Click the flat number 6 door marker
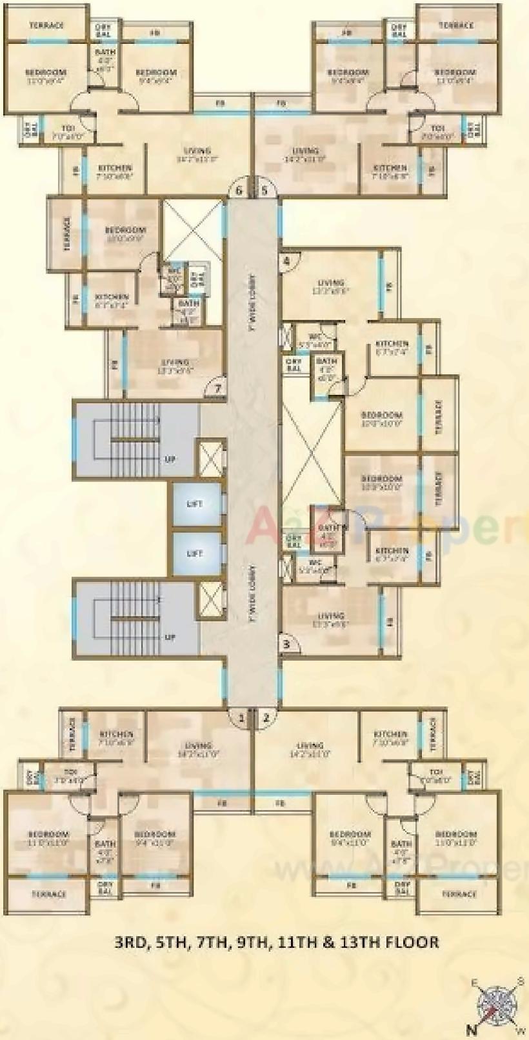239,190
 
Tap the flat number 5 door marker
264,190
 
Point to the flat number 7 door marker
218,389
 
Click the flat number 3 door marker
288,644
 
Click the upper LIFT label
195,504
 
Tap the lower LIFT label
195,554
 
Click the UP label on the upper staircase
170,460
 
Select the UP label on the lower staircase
170,637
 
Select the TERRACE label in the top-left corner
46,26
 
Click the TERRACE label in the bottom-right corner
459,894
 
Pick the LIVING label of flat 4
331,283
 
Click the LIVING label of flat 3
331,615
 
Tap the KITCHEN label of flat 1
117,734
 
